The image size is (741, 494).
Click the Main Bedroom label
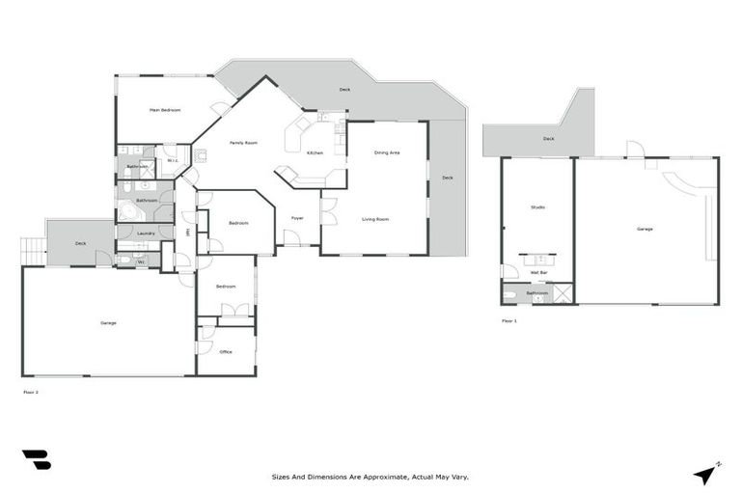point(165,110)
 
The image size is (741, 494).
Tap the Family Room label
point(243,143)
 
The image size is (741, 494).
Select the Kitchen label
point(316,153)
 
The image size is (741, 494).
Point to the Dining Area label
point(387,152)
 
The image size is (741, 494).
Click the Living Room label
point(375,220)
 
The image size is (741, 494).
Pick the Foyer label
point(297,218)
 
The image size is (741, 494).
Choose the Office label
point(226,352)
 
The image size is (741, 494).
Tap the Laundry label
point(146,233)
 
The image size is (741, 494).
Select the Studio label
point(537,207)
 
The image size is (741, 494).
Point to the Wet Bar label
point(540,273)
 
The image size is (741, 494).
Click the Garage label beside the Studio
point(645,230)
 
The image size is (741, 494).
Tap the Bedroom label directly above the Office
point(226,287)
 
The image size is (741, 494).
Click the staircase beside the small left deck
point(33,251)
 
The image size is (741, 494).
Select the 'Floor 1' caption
point(508,320)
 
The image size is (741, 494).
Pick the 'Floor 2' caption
point(31,393)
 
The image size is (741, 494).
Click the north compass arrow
point(708,474)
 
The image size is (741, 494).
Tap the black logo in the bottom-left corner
point(37,460)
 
